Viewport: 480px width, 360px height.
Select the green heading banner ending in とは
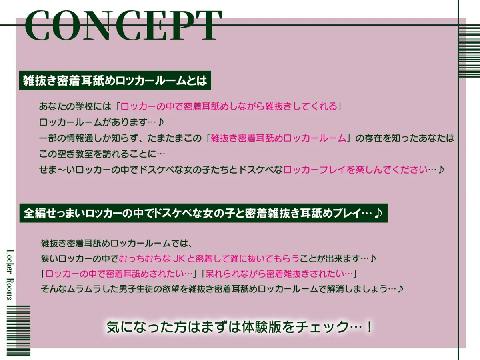tap(115, 81)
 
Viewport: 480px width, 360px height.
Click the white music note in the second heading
tap(378, 214)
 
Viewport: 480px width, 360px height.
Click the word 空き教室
tap(82, 154)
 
